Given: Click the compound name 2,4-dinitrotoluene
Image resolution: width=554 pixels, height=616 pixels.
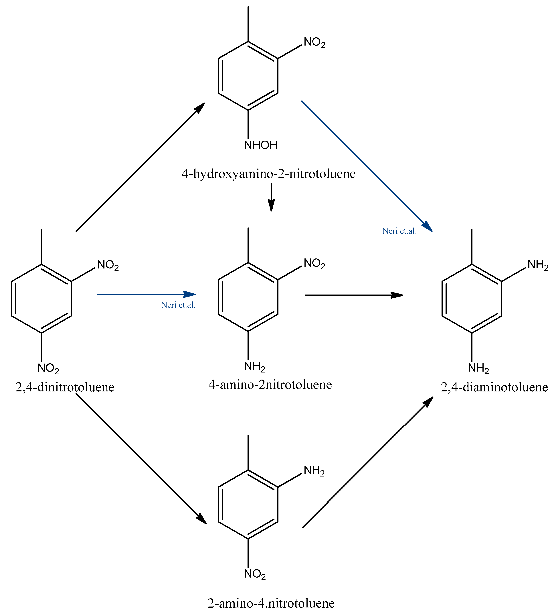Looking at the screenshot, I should [65, 387].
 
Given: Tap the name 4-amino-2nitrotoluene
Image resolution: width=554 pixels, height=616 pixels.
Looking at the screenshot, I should [270, 385].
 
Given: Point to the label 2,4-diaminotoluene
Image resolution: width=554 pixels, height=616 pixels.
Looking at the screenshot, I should [494, 387].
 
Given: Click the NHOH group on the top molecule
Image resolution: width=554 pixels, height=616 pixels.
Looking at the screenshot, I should [261, 145].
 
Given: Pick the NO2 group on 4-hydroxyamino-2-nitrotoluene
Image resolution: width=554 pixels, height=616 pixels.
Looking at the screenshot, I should [314, 42].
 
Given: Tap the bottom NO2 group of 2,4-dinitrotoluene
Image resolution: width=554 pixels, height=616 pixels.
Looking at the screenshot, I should [48, 368].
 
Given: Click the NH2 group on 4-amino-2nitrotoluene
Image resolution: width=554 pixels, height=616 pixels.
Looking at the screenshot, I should [254, 366].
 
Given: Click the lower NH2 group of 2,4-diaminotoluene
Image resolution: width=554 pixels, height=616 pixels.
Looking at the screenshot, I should [478, 368].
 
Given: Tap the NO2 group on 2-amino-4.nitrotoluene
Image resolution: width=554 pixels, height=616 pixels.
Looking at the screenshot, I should [255, 574].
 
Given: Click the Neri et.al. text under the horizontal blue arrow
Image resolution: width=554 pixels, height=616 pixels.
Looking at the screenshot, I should [178, 305].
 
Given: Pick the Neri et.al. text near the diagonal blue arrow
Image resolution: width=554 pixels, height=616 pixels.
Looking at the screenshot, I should [399, 231].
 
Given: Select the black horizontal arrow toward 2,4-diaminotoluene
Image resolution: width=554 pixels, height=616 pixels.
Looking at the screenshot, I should [354, 295].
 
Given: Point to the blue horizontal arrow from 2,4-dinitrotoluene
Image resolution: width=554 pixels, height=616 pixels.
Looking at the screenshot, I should [146, 294].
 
